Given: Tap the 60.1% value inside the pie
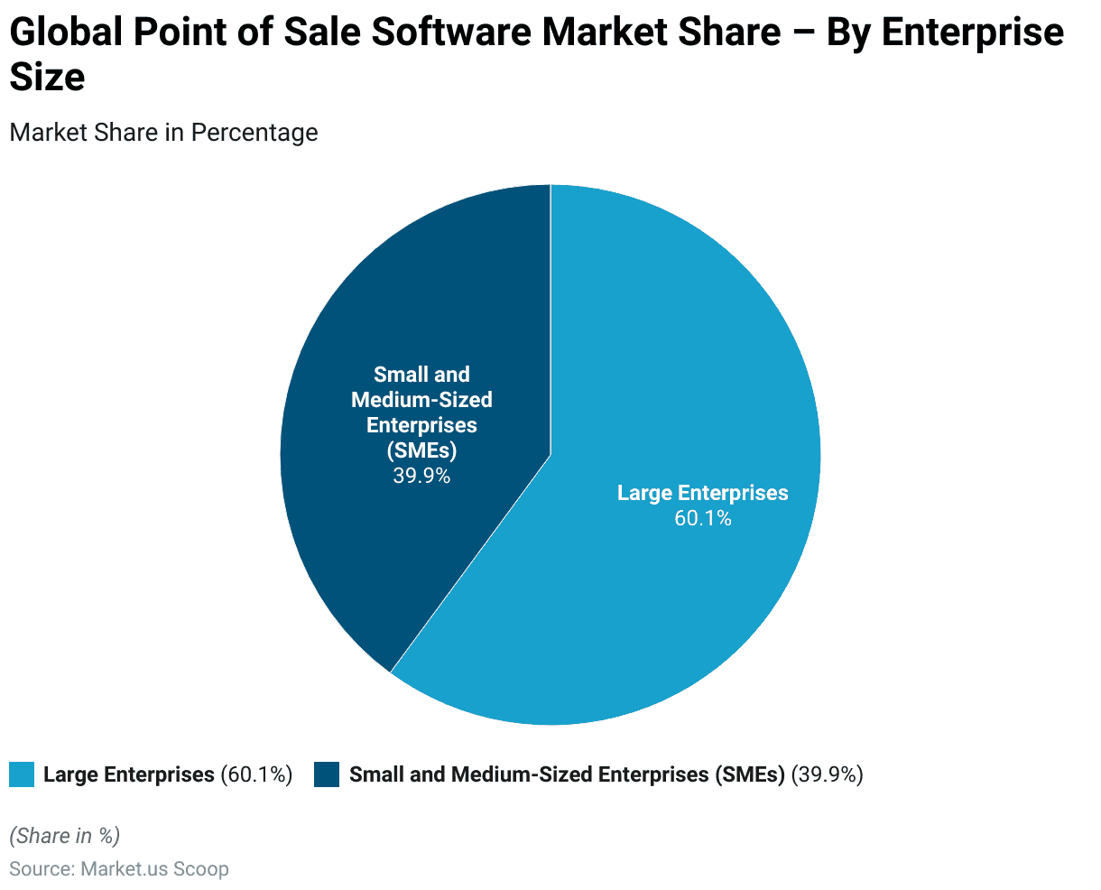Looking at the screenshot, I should click(x=702, y=518).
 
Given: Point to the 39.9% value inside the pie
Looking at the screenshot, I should click(x=421, y=475).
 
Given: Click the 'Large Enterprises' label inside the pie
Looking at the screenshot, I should click(x=702, y=493).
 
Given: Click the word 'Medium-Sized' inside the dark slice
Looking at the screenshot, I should click(x=421, y=400).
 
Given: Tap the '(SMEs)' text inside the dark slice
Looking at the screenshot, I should click(x=421, y=450).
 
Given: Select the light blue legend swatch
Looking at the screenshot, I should click(x=22, y=774).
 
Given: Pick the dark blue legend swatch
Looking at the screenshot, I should click(x=327, y=774).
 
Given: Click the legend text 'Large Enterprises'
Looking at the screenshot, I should click(x=128, y=774).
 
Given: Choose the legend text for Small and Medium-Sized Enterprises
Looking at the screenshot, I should click(x=567, y=774).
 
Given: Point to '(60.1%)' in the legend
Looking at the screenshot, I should click(x=256, y=774).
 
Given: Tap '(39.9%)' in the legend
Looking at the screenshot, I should click(x=827, y=774).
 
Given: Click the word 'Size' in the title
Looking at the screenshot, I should click(x=47, y=78).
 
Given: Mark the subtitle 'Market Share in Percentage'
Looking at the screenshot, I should click(x=163, y=133).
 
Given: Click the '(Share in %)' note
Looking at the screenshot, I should click(x=64, y=836).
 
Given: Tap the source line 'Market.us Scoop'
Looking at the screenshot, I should click(x=154, y=869).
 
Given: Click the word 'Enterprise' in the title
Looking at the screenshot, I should click(x=973, y=33).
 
